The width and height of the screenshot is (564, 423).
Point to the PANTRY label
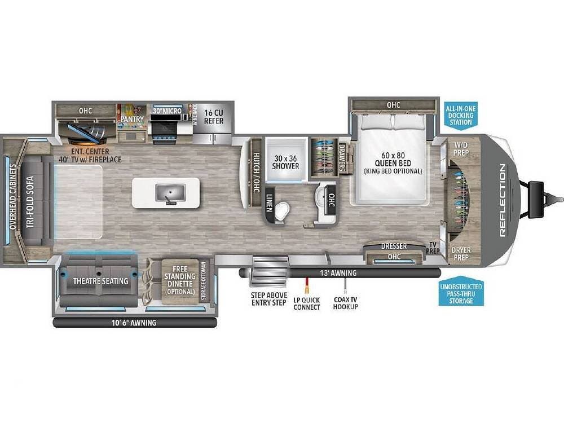pyautogui.click(x=131, y=119)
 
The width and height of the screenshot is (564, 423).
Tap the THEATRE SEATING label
pyautogui.click(x=99, y=281)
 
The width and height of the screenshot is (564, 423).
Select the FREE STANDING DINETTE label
pyautogui.click(x=179, y=281)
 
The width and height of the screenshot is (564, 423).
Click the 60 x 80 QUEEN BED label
pyautogui.click(x=393, y=162)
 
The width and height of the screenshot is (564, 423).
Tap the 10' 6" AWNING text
pyautogui.click(x=134, y=323)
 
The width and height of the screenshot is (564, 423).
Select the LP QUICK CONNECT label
pyautogui.click(x=306, y=303)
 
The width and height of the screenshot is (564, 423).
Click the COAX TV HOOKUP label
pyautogui.click(x=345, y=303)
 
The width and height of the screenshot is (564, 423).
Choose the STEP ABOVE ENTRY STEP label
pyautogui.click(x=270, y=299)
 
